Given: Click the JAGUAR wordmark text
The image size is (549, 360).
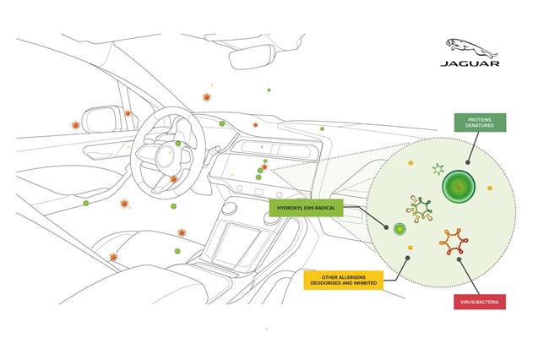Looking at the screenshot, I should [470, 63].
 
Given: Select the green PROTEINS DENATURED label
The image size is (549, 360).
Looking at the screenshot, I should [480, 123].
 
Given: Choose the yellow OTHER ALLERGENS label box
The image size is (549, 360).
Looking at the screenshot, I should [342, 280].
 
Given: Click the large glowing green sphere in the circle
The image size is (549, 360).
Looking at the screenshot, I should [459, 184].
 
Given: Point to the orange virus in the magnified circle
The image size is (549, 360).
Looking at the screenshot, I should [454, 243].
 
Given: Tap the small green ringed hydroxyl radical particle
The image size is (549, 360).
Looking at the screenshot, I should [400, 228].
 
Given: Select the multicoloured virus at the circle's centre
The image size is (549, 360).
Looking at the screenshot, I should [419, 207].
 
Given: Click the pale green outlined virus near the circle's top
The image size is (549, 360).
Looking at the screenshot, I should [438, 170].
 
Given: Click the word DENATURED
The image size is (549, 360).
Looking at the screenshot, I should [480, 127].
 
